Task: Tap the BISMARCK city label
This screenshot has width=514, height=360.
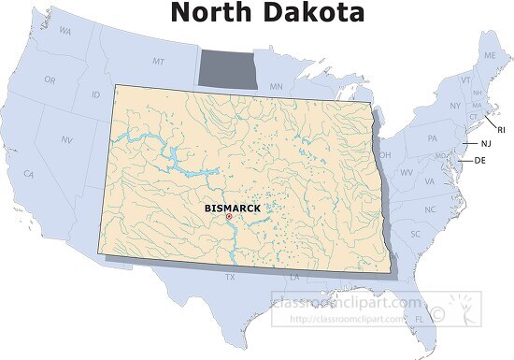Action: pos(232,208)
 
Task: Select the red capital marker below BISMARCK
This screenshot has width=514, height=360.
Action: pos(228,217)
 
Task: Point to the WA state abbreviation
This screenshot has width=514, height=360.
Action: pos(65,31)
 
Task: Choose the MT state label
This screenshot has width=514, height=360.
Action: pos(158,61)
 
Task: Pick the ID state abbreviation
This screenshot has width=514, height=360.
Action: pos(95,94)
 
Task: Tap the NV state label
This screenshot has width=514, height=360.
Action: pos(67,139)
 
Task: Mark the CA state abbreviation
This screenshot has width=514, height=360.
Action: pos(29,174)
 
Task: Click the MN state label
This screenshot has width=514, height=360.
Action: pos(276,87)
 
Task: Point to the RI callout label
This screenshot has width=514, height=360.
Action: pos(501,129)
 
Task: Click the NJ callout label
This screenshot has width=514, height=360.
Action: pos(485,144)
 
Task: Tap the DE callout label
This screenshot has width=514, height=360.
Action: pos(480,161)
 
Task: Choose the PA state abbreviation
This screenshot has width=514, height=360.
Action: pos(432,138)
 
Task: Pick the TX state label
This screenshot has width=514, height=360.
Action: pos(230,277)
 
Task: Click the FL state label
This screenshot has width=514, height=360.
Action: pos(419,318)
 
